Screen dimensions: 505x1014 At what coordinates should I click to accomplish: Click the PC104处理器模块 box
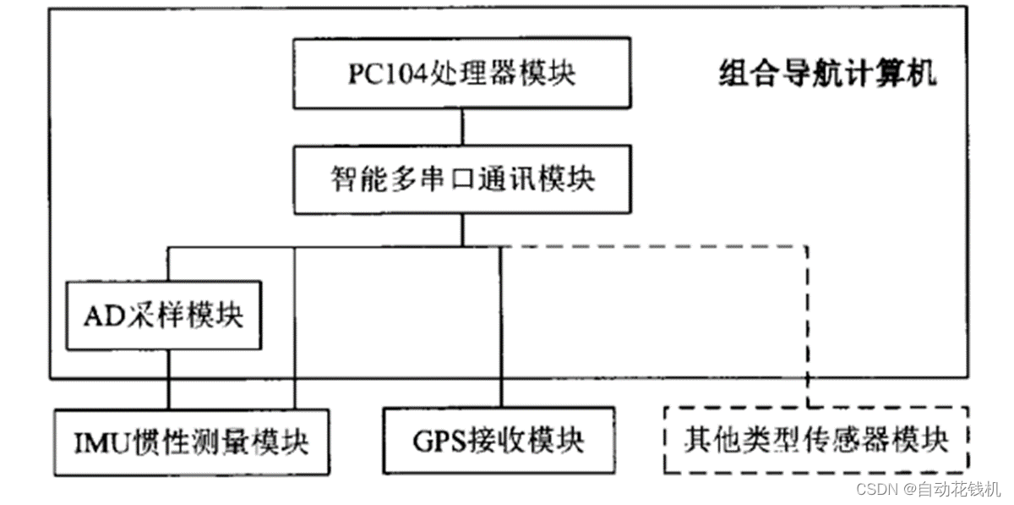[x=461, y=74]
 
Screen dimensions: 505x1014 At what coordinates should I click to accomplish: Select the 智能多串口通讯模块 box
[x=461, y=179]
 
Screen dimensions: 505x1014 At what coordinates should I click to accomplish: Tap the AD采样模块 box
[x=164, y=316]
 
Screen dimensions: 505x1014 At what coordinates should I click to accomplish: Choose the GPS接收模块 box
[x=499, y=442]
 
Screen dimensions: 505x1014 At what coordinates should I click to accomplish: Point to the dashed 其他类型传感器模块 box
[x=815, y=440]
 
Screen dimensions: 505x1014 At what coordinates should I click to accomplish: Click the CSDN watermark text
[x=875, y=489]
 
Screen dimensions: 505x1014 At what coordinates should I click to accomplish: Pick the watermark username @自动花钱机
[x=950, y=489]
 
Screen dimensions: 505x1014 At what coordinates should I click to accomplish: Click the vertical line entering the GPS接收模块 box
[x=500, y=330]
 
